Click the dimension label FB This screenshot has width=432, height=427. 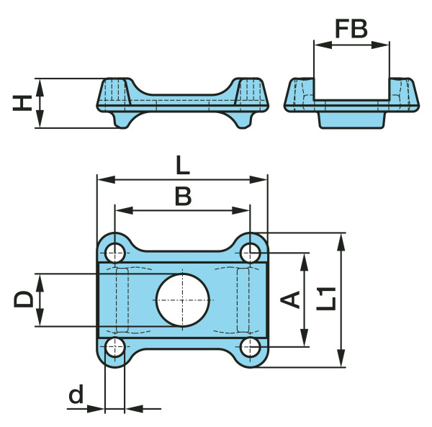[351, 29]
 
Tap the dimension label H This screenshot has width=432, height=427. [22, 103]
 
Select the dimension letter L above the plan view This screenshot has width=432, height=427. [183, 165]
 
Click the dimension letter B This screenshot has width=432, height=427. [183, 197]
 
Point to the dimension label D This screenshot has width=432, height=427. [24, 299]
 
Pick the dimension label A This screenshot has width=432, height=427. [290, 300]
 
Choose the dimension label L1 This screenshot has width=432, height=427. [326, 299]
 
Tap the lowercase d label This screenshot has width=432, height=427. [76, 394]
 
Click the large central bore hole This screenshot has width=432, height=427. [183, 300]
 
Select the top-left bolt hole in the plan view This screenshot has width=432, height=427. [115, 253]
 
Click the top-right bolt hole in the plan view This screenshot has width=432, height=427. [250, 253]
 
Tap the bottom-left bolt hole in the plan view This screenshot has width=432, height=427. [115, 347]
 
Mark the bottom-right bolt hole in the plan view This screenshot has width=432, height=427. [250, 347]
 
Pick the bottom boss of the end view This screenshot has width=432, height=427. [352, 120]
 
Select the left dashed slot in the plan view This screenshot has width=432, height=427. [122, 300]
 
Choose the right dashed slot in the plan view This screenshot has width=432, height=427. [243, 300]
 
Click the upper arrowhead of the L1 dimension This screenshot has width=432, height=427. [341, 242]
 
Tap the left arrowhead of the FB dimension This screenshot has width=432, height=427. [323, 45]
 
